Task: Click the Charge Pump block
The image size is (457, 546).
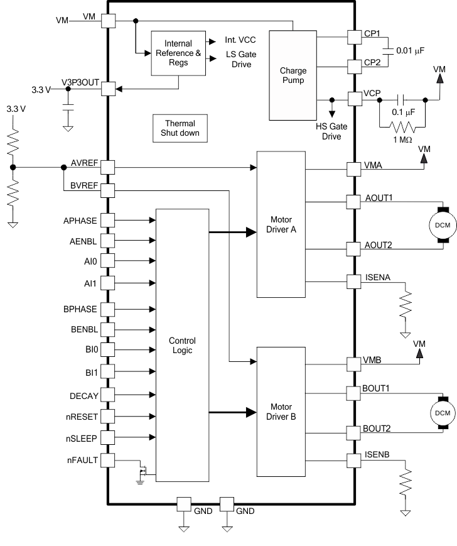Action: pos(293,75)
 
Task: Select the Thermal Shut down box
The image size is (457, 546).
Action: pos(180,128)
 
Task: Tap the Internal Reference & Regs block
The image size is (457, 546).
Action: pos(178,53)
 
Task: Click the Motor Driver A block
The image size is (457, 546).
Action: pos(281,224)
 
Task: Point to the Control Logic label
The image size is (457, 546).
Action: pos(182,345)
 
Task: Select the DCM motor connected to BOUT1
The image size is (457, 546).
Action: pos(442,412)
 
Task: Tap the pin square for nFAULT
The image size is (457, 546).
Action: pos(108,461)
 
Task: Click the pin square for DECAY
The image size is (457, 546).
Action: pos(108,395)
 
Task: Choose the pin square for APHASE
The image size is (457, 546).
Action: pos(108,220)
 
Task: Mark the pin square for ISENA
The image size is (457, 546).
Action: pos(355,281)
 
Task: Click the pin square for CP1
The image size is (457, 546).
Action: pos(355,37)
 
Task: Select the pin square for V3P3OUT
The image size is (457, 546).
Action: pos(108,89)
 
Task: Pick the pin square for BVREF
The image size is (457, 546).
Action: pos(108,190)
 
